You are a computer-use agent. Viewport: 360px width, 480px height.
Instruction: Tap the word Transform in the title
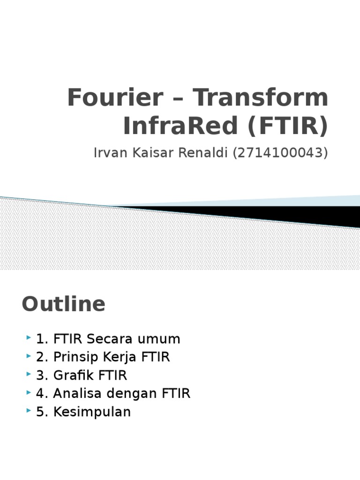click(x=261, y=97)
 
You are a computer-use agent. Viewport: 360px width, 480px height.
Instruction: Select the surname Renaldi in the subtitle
click(x=204, y=153)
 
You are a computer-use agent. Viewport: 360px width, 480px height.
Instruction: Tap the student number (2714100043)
click(x=280, y=153)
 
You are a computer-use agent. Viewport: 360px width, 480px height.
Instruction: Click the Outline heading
click(x=63, y=304)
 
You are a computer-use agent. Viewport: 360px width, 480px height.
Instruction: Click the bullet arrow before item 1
click(x=29, y=338)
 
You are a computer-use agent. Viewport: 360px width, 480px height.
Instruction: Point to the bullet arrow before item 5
click(x=29, y=411)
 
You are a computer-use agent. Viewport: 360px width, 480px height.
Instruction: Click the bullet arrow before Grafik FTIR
click(x=29, y=375)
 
